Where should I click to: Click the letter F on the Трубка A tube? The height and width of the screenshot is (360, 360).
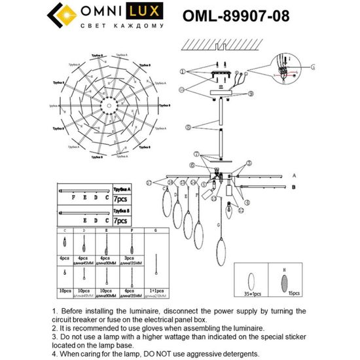coord(73,195)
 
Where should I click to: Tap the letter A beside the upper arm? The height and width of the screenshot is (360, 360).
coord(294,176)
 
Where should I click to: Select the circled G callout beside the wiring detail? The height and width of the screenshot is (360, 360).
coord(312,66)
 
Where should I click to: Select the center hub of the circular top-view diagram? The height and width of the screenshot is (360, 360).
coord(105,106)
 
